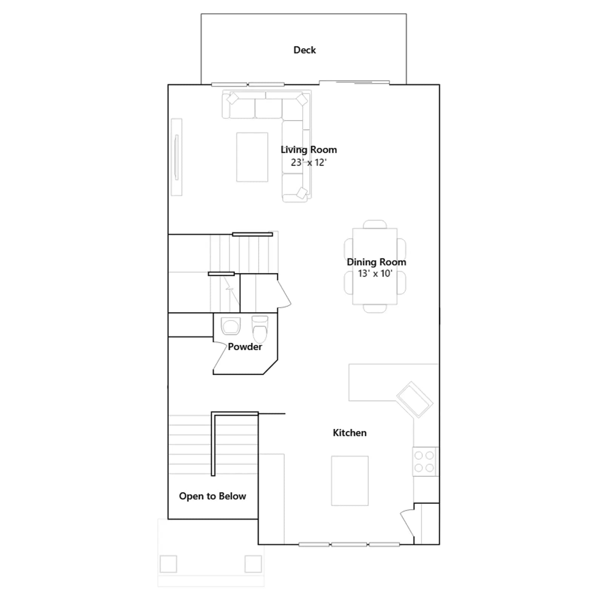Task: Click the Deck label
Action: coord(305,50)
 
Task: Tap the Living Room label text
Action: coord(309,150)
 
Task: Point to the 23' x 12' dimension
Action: coord(309,162)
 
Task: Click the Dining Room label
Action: coord(376,262)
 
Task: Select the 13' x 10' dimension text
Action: coord(375,273)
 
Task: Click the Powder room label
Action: coord(245,347)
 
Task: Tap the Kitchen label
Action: coord(350,433)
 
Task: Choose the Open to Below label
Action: coord(213,496)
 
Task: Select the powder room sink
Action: coord(231,326)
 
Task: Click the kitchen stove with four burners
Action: coord(424,462)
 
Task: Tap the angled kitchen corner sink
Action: coord(415,400)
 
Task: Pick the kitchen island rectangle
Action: coord(350,481)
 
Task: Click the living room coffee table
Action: coord(252,157)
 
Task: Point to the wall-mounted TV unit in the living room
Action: coord(176,157)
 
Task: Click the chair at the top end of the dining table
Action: coord(375,224)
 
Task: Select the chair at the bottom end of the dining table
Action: coord(375,308)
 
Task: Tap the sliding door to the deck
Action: coord(354,82)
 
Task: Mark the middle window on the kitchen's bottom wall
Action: coord(349,544)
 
